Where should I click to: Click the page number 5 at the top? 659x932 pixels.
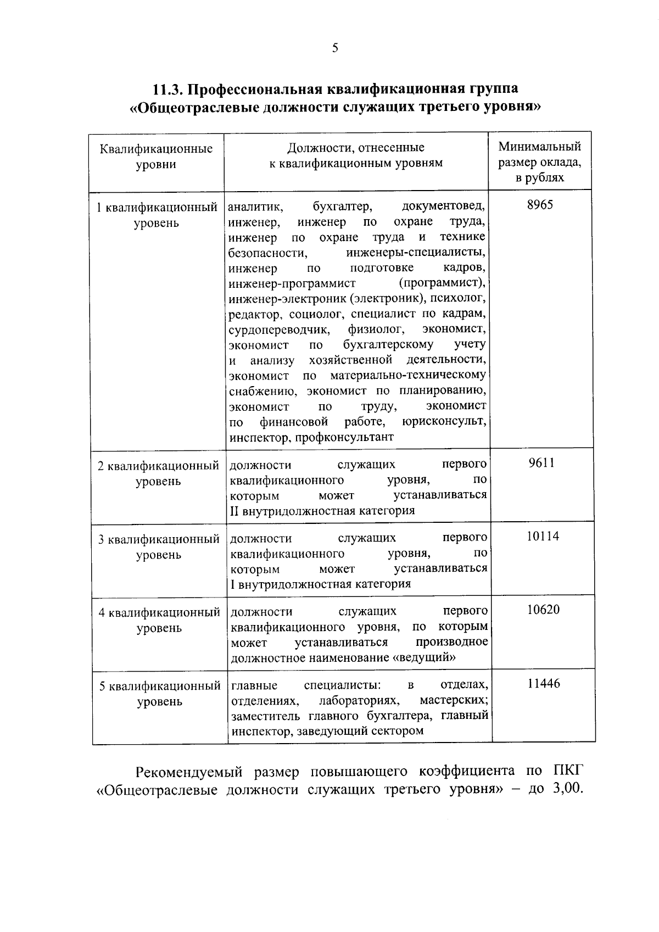pos(335,48)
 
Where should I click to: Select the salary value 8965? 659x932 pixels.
pos(540,205)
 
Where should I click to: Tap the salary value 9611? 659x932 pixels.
pos(541,463)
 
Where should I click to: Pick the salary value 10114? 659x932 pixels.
pos(543,536)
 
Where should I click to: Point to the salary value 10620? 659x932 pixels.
pos(543,610)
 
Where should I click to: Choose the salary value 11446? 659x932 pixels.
pos(544,683)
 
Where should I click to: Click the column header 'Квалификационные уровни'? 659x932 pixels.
pos(156,157)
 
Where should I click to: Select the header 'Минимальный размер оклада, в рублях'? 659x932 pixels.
pos(539,162)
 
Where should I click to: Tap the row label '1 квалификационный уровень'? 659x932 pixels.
pos(156,215)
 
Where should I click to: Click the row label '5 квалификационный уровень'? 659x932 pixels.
pos(159,694)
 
